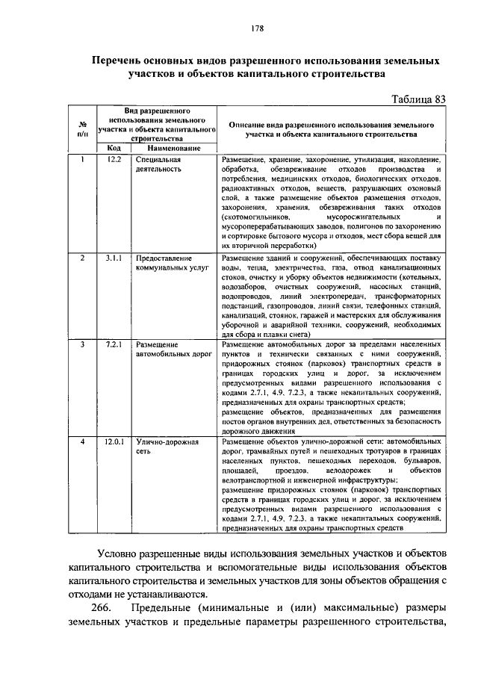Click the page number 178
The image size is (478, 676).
point(258,28)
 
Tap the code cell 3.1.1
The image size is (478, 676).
point(114,257)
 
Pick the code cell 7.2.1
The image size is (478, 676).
point(114,344)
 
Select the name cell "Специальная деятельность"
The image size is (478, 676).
point(159,164)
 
